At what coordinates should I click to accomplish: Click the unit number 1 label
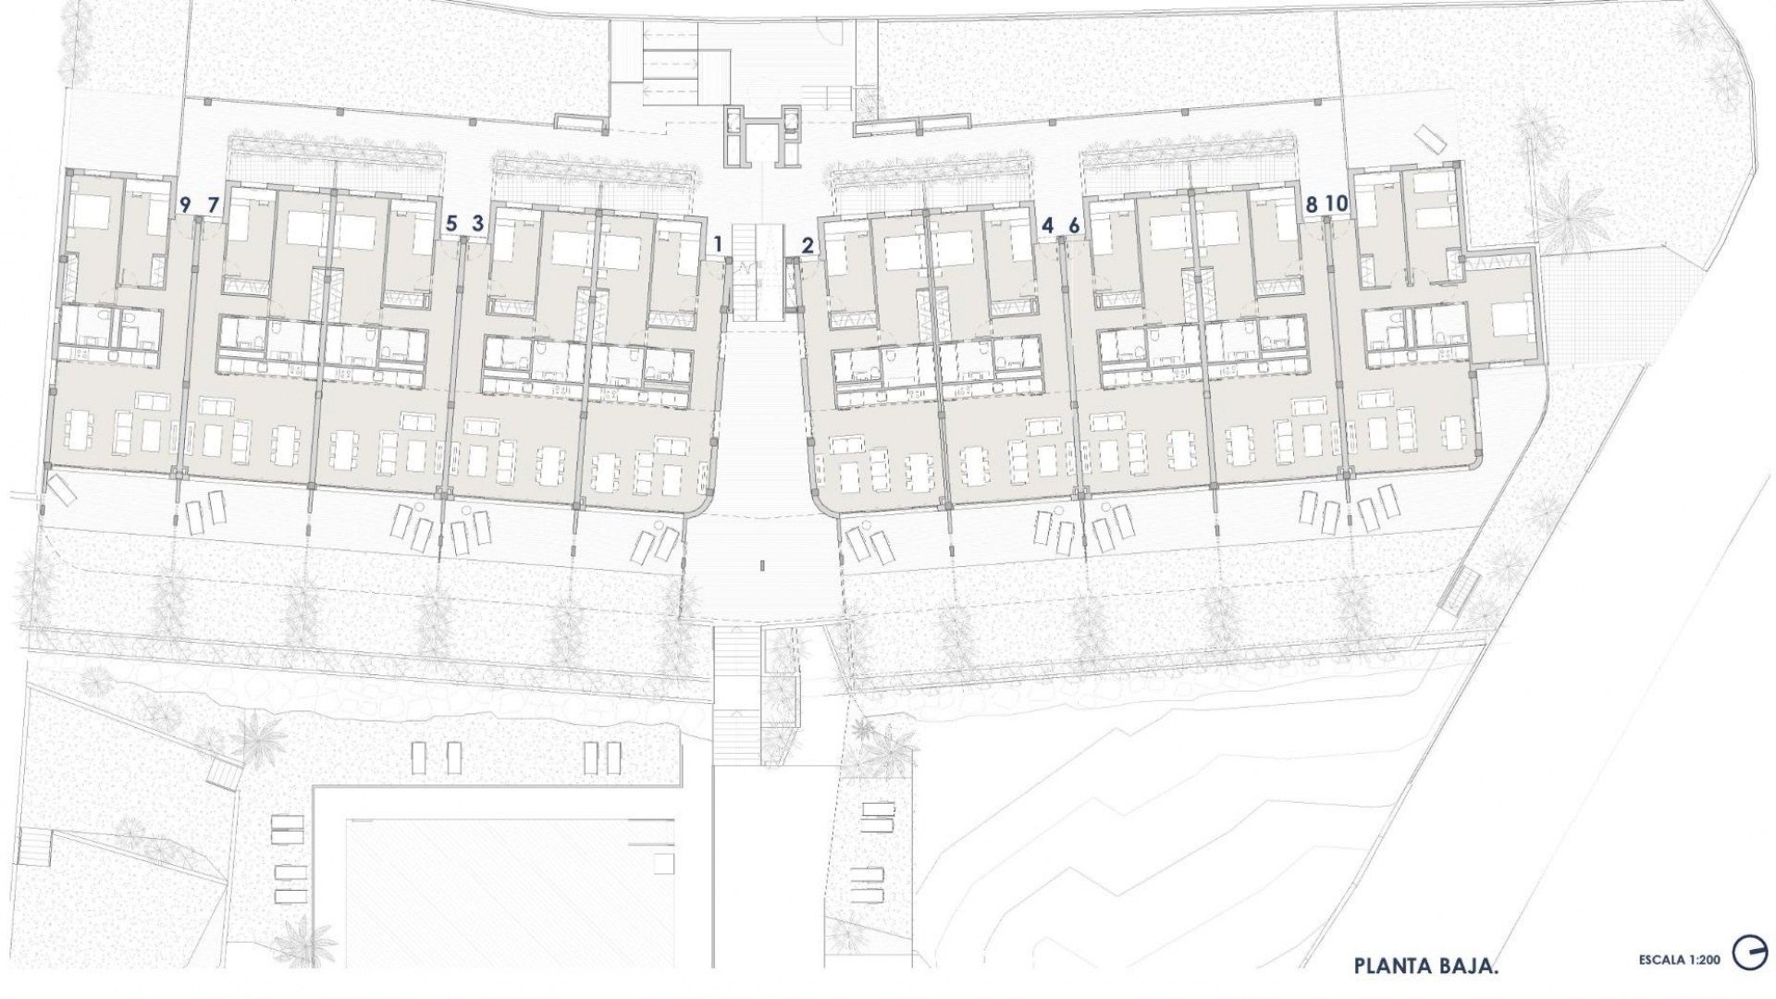[718, 245]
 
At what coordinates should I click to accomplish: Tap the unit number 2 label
[808, 245]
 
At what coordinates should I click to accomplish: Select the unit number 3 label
[477, 223]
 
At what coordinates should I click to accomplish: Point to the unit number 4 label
[1047, 224]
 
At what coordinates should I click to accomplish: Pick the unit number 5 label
[451, 223]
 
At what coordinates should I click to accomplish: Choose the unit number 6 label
[1073, 224]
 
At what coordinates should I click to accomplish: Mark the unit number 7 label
[213, 203]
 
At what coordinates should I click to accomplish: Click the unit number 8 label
[1310, 203]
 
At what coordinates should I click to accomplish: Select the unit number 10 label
[1337, 203]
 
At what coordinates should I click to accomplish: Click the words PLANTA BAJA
[1425, 966]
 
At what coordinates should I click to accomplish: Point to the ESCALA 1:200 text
[1679, 960]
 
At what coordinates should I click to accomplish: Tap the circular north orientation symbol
[1748, 954]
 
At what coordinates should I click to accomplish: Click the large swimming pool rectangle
[513, 888]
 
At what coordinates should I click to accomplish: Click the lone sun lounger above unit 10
[1430, 138]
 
